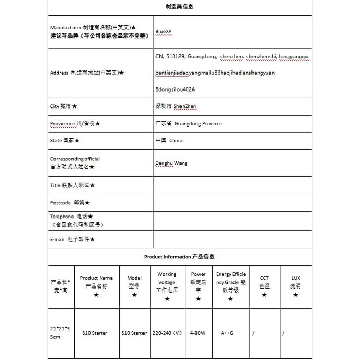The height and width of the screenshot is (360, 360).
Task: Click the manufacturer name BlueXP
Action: (x=164, y=31)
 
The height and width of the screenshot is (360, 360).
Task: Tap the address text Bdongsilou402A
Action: (x=175, y=89)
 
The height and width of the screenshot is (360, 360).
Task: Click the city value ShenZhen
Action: (x=185, y=106)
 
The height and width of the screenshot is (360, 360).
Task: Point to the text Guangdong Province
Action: (x=198, y=124)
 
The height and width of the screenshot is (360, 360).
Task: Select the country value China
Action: (x=176, y=140)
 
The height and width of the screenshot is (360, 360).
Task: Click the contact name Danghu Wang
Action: (x=171, y=163)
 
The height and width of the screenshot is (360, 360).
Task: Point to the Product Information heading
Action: (x=179, y=256)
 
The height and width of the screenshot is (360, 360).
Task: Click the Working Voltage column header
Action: (x=167, y=282)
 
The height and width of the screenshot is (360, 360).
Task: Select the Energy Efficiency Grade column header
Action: (x=231, y=282)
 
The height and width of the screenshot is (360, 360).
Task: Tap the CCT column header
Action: (x=264, y=282)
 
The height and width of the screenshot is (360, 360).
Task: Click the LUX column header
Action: (x=295, y=282)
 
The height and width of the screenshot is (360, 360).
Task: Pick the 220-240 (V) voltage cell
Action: (x=167, y=333)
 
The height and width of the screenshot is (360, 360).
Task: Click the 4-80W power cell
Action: (x=198, y=333)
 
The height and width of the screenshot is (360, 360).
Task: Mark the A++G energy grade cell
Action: (x=227, y=333)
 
